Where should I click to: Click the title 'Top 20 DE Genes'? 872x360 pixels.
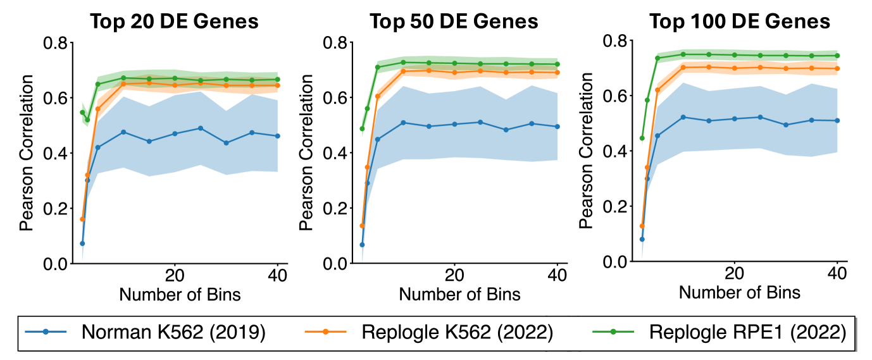click(x=174, y=21)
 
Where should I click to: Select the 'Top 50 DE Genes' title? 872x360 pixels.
click(x=454, y=21)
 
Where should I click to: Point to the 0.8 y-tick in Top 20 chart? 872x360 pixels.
click(x=56, y=43)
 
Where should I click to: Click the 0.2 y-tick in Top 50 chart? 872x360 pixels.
click(x=336, y=208)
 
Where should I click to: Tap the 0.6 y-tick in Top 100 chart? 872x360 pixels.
click(x=616, y=96)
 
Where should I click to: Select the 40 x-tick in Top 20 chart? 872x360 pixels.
click(x=278, y=276)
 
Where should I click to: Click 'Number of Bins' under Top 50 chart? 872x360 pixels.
click(x=459, y=294)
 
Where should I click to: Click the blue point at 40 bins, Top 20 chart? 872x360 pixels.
click(x=278, y=136)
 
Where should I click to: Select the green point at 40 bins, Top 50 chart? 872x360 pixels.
click(x=557, y=65)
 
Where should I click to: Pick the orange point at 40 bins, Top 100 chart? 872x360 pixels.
click(x=837, y=68)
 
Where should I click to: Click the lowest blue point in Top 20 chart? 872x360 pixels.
click(x=82, y=243)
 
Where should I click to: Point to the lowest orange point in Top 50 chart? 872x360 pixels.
click(x=362, y=226)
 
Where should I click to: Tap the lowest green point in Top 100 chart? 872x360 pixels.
click(x=642, y=138)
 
